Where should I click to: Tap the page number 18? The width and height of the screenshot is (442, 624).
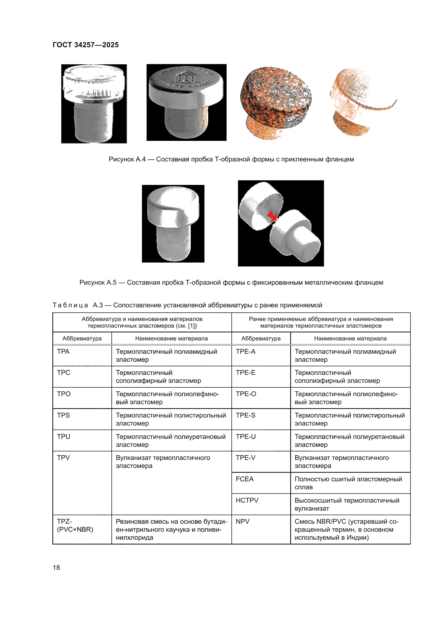(x=56, y=567)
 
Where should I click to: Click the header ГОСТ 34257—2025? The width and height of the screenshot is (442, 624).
(x=86, y=45)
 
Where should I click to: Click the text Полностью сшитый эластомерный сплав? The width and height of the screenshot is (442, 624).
(x=348, y=483)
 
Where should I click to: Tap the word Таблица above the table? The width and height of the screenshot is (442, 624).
(x=70, y=305)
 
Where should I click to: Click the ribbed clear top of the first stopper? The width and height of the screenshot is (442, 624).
(x=94, y=82)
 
